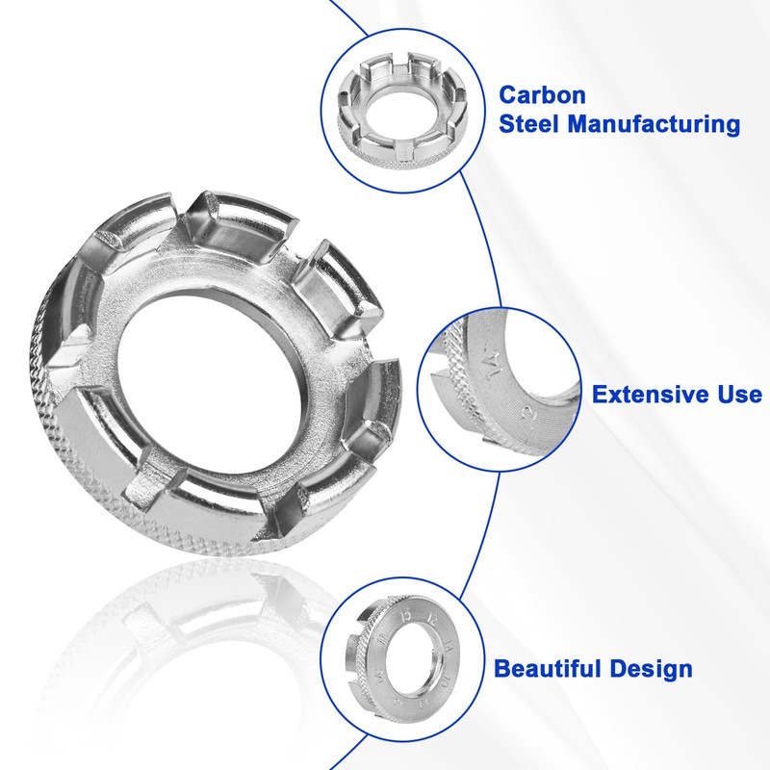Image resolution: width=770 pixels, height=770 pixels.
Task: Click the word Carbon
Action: click(542, 94)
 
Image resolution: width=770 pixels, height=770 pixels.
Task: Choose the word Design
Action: click(652, 669)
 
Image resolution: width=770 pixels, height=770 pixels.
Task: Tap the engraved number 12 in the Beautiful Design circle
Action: click(432, 618)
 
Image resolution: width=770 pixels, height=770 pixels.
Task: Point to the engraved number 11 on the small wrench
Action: click(382, 638)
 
